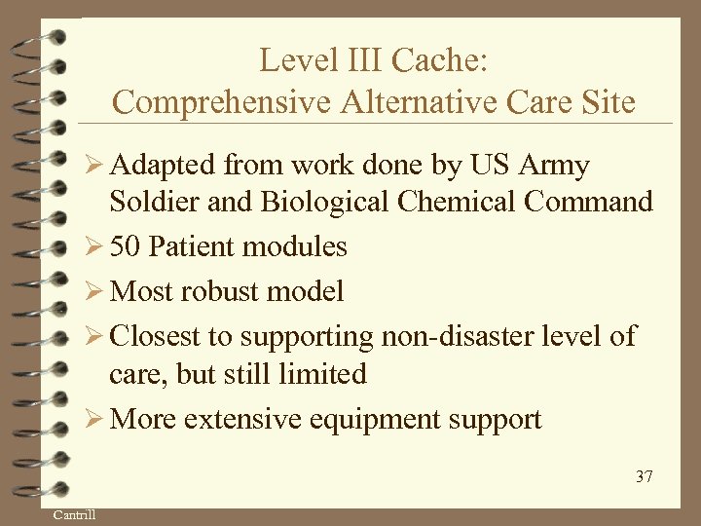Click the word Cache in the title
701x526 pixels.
click(439, 60)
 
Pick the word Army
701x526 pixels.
click(554, 166)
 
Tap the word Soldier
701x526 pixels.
click(156, 203)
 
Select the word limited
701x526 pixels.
click(322, 374)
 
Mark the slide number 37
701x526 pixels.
click(644, 476)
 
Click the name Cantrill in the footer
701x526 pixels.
click(74, 513)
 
